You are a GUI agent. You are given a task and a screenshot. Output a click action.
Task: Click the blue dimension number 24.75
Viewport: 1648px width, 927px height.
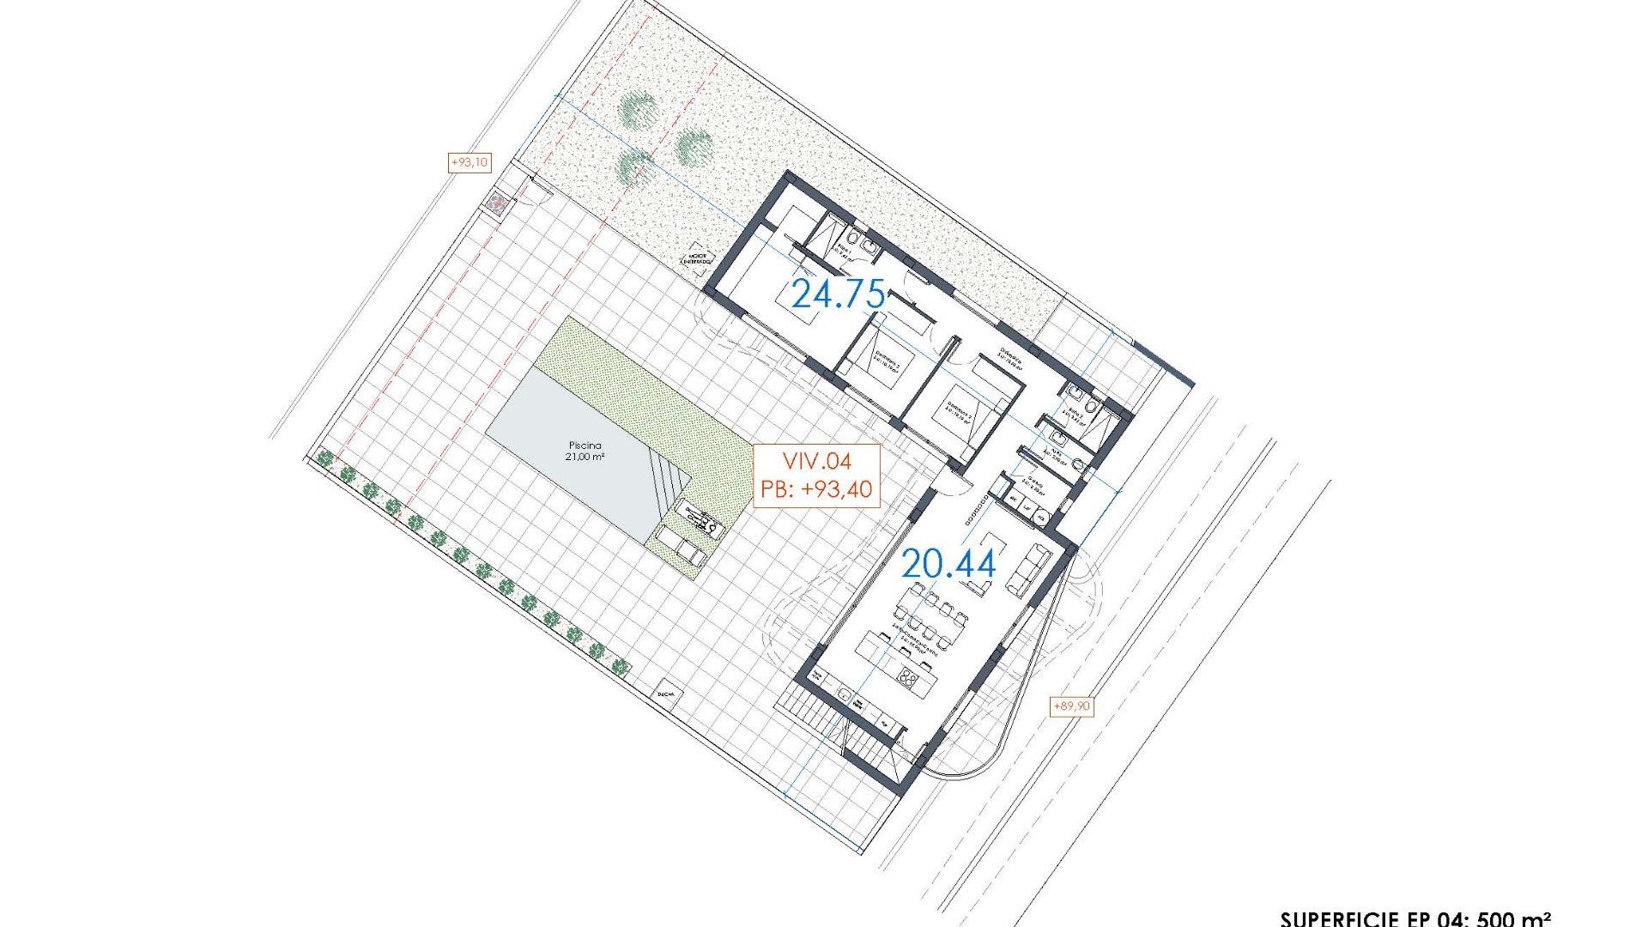838,294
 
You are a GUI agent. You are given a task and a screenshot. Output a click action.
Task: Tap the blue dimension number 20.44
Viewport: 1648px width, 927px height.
948,564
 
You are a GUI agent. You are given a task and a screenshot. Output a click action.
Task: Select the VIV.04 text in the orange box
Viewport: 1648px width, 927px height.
816,462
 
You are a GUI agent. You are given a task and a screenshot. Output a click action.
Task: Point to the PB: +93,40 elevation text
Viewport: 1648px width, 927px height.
816,490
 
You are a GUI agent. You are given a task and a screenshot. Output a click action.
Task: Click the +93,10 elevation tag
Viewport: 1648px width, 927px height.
470,162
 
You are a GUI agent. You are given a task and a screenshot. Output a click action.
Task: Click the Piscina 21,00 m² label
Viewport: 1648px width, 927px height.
585,451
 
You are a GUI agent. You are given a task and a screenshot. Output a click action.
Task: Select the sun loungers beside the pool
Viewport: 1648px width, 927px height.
682,548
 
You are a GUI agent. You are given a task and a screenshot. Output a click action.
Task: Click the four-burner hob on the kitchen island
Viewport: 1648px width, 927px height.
906,679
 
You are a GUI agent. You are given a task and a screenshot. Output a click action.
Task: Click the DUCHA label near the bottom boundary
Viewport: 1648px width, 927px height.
665,694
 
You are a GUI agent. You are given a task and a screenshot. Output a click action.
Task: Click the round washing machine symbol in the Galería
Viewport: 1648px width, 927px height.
1042,517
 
